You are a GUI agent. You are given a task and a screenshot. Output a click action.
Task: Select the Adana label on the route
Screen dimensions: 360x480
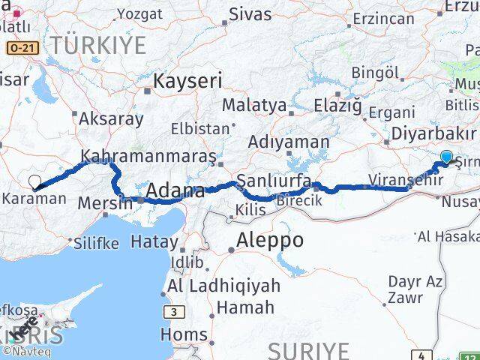(175, 191)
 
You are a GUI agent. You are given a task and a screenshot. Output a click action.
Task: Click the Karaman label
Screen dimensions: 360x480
(34, 199)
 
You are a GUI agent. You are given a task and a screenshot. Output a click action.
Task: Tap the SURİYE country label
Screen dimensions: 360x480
(308, 350)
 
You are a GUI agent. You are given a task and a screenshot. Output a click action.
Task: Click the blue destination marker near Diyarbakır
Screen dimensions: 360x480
(446, 157)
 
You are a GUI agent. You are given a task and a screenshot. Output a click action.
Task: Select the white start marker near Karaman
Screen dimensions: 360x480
(34, 181)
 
